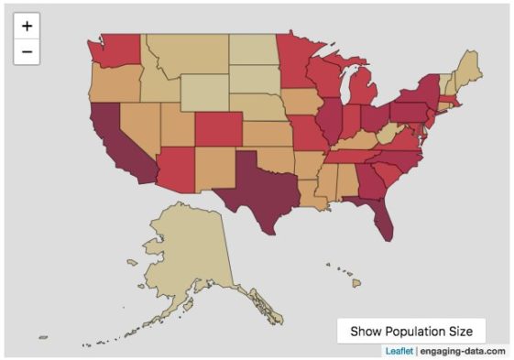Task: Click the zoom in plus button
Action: click(27, 26)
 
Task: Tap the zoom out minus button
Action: click(27, 52)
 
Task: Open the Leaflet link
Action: click(398, 351)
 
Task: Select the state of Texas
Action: click(254, 184)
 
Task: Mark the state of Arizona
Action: click(175, 169)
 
